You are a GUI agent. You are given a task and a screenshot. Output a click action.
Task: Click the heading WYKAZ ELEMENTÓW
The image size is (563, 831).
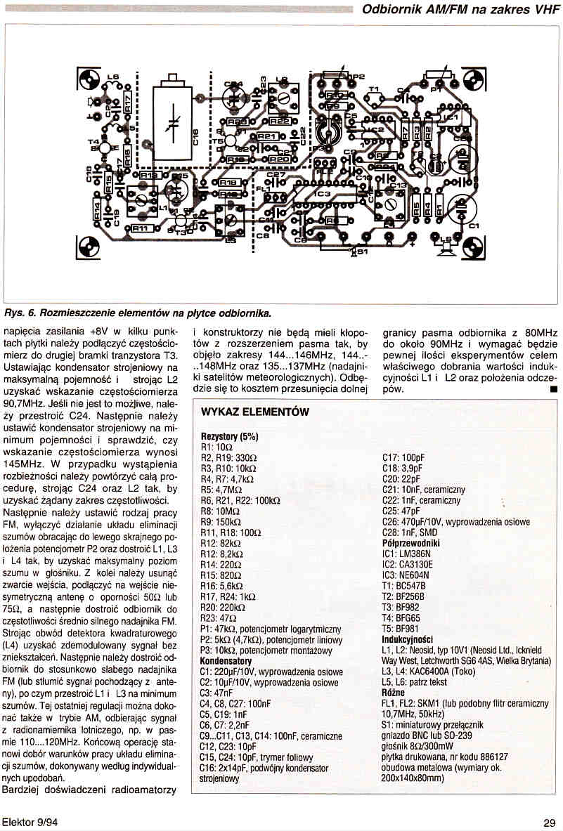tap(255, 412)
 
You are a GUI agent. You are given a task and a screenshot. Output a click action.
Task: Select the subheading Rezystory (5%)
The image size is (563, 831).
tap(230, 436)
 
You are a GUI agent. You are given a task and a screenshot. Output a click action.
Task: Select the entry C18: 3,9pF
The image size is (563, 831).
tap(401, 468)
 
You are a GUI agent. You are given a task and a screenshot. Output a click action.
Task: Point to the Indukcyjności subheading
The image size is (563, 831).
tap(407, 639)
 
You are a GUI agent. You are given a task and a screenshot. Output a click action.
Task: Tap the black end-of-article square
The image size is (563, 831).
tap(554, 388)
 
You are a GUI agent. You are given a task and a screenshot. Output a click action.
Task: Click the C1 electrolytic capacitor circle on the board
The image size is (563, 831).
tap(462, 209)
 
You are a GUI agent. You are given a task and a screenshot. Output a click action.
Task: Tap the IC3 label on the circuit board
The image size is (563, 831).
tap(322, 192)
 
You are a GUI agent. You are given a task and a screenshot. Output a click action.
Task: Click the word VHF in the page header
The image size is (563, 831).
tap(541, 10)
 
